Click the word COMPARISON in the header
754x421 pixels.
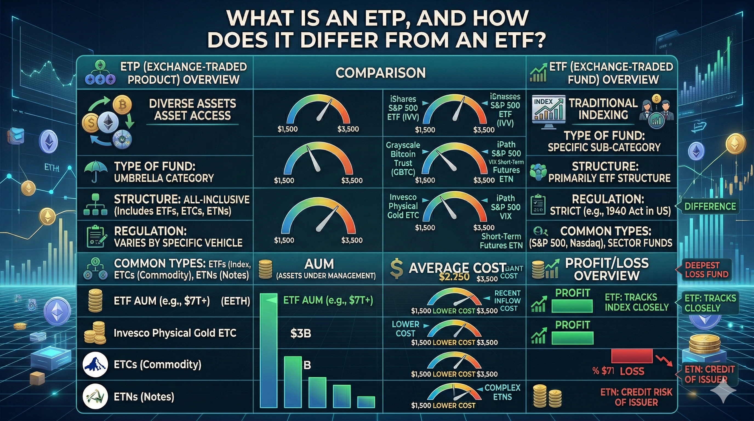pyautogui.click(x=381, y=73)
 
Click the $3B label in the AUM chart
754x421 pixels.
pyautogui.click(x=301, y=333)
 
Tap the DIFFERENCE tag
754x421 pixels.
pyautogui.click(x=710, y=206)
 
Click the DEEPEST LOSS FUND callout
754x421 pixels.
pyautogui.click(x=706, y=270)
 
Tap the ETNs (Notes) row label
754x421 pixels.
pyautogui.click(x=144, y=397)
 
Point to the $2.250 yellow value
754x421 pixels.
pyautogui.click(x=454, y=277)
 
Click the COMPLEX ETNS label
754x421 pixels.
pyautogui.click(x=502, y=392)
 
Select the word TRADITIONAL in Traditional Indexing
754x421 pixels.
pyautogui.click(x=603, y=103)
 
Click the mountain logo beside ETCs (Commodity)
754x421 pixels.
pyautogui.click(x=94, y=365)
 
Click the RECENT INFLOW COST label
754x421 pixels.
pyautogui.click(x=507, y=301)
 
